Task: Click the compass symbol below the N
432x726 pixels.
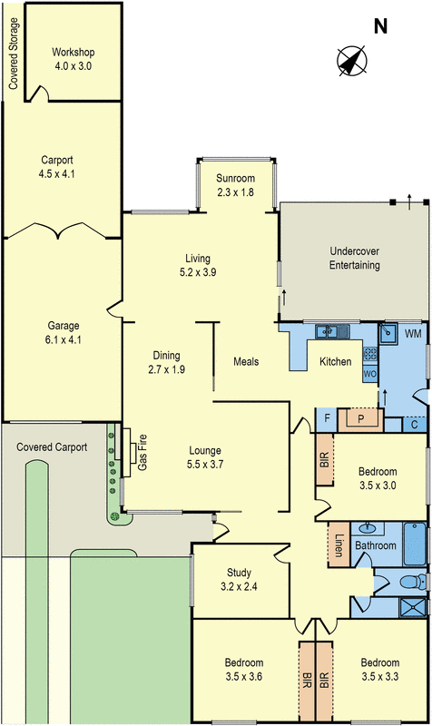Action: pyautogui.click(x=352, y=61)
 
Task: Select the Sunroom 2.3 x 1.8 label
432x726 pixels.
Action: pyautogui.click(x=235, y=185)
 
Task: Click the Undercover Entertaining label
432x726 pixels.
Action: pyautogui.click(x=355, y=259)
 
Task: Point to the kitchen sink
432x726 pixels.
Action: pyautogui.click(x=332, y=331)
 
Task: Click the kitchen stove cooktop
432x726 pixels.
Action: pyautogui.click(x=370, y=354)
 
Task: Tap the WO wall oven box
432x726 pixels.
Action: pyautogui.click(x=370, y=374)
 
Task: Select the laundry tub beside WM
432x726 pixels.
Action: pyautogui.click(x=388, y=333)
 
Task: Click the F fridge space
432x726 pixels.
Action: pyautogui.click(x=327, y=419)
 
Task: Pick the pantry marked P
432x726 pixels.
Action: pyautogui.click(x=361, y=419)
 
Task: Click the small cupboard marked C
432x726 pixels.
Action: pyautogui.click(x=415, y=424)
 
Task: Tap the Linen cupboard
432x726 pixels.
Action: pyautogui.click(x=339, y=544)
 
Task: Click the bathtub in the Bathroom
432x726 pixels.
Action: pyautogui.click(x=415, y=544)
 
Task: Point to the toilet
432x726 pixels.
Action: pyautogui.click(x=413, y=582)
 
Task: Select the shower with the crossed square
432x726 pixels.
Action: pyautogui.click(x=413, y=607)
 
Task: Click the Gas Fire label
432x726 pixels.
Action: pyautogui.click(x=142, y=452)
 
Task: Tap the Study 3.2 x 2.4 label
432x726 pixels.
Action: pyautogui.click(x=239, y=580)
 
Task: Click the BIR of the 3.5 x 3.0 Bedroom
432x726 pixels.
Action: pyautogui.click(x=324, y=459)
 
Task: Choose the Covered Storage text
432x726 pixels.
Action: pyautogui.click(x=14, y=54)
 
